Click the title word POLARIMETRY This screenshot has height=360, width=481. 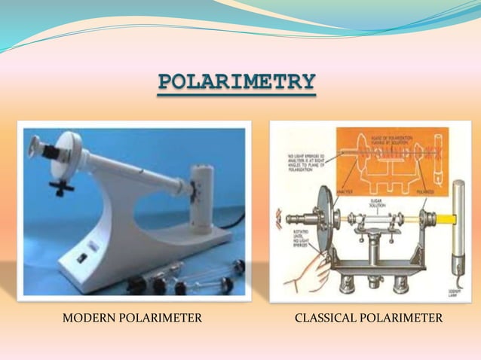click(237, 82)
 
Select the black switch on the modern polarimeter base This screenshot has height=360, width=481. click(81, 256)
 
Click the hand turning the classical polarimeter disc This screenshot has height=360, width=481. click(305, 267)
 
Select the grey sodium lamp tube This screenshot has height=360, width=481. click(458, 226)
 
